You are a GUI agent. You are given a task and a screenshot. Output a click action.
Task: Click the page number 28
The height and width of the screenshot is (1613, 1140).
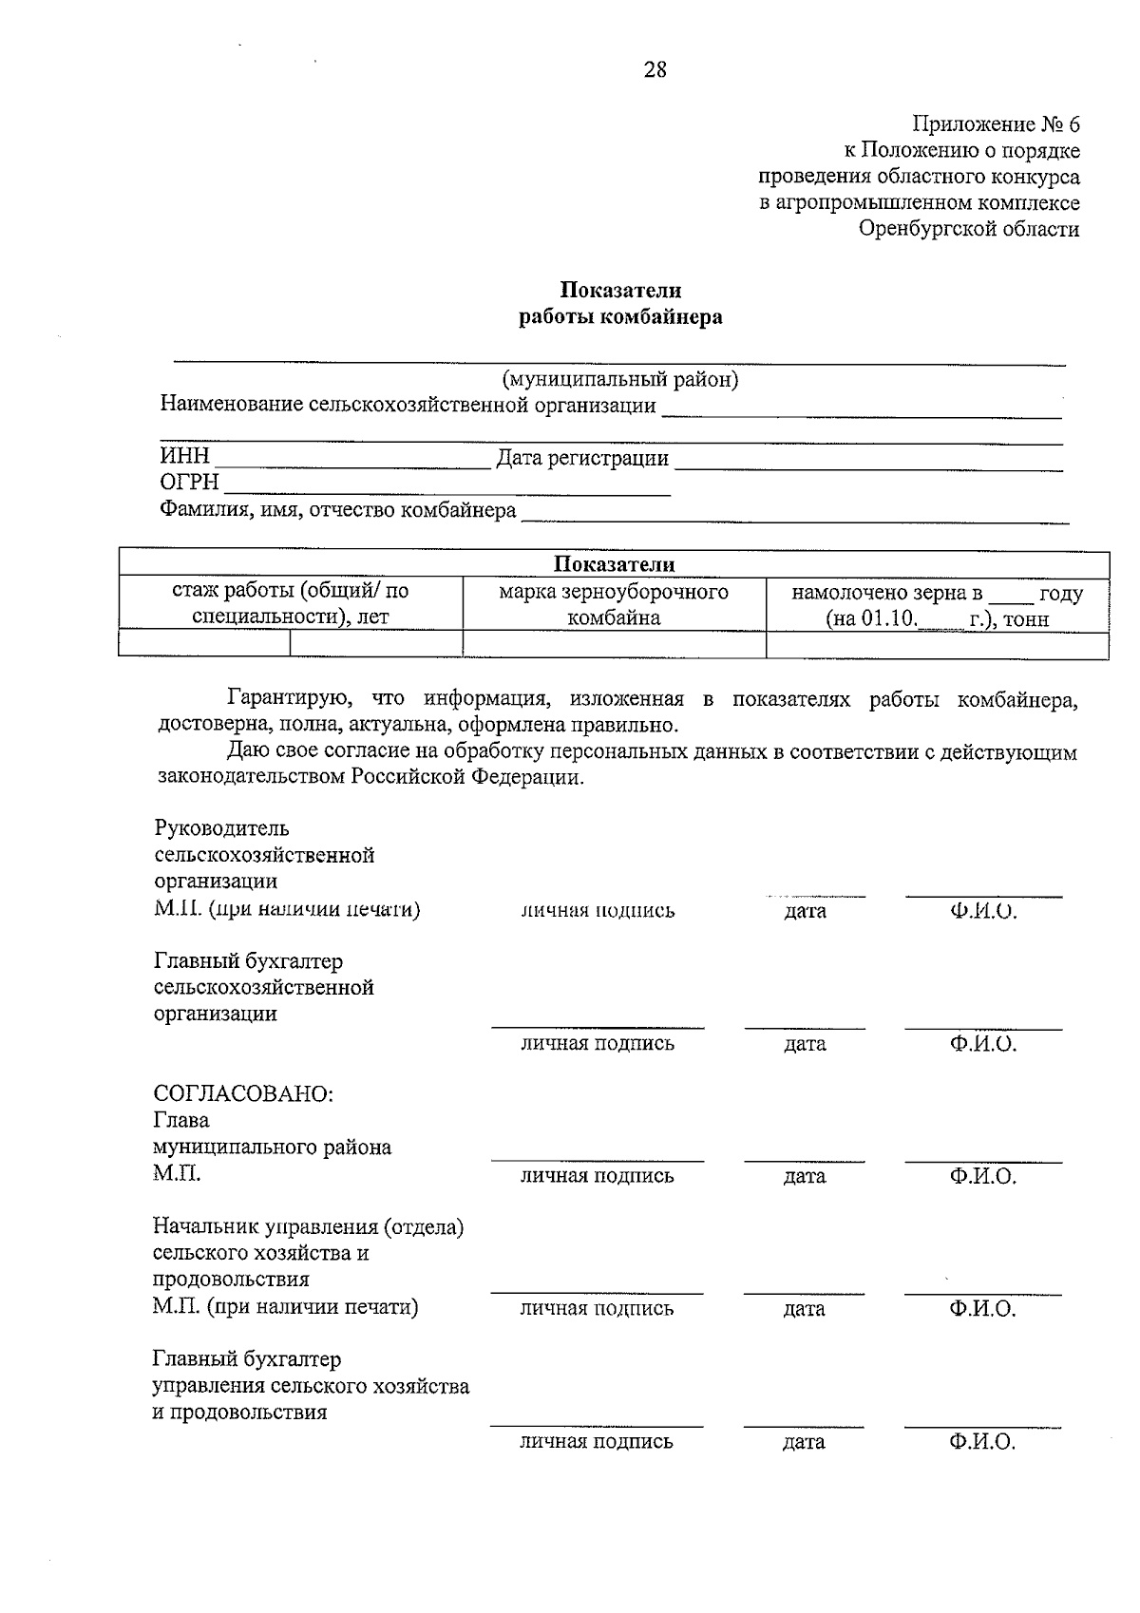click(x=655, y=70)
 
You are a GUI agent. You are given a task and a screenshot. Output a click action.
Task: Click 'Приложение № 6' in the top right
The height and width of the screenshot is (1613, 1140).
click(x=996, y=124)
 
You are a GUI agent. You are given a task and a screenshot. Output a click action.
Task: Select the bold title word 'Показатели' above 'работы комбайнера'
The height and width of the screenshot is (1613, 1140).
click(x=619, y=290)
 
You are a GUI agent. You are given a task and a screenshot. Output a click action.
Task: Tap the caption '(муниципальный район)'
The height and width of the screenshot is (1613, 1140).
click(x=619, y=380)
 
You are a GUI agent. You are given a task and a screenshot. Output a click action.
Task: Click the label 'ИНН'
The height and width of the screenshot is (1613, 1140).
click(x=184, y=458)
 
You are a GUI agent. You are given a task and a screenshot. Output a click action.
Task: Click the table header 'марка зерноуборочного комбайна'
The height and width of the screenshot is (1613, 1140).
click(x=614, y=605)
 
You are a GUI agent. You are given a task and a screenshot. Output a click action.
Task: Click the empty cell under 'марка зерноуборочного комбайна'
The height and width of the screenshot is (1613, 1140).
click(x=614, y=645)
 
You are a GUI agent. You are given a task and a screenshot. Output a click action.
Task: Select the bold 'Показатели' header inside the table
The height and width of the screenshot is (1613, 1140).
click(x=614, y=564)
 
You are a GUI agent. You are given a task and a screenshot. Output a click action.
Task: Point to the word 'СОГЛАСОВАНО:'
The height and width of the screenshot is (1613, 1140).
click(x=243, y=1093)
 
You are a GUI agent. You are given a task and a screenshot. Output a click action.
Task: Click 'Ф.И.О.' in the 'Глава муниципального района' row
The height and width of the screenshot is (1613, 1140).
click(x=982, y=1177)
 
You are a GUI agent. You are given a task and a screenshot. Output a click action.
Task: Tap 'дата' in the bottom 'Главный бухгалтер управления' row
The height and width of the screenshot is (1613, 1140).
click(x=804, y=1443)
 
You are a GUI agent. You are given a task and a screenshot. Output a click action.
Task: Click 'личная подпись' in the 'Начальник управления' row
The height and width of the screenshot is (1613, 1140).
click(x=597, y=1309)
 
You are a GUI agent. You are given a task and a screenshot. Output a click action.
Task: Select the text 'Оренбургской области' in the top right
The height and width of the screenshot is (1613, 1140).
click(x=969, y=229)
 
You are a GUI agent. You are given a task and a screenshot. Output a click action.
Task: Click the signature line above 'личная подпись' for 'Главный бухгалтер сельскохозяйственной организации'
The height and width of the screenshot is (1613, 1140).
click(x=597, y=1027)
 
